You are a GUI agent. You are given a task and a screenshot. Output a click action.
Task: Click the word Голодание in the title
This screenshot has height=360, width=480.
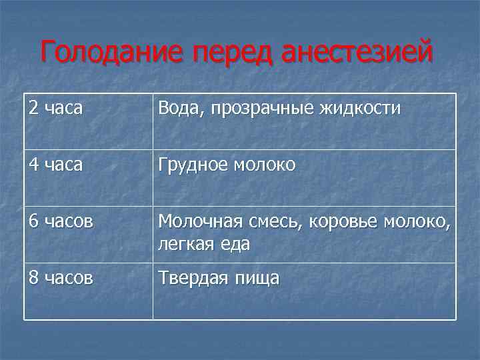pyautogui.click(x=113, y=53)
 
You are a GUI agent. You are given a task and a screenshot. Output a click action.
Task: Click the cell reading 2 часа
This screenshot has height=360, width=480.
pyautogui.click(x=56, y=109)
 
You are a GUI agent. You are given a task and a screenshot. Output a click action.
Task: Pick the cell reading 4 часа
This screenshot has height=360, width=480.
pyautogui.click(x=56, y=165)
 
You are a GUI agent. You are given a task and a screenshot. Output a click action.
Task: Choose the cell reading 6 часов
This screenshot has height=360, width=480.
pyautogui.click(x=61, y=221)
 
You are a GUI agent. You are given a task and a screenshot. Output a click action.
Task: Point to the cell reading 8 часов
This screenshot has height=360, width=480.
pyautogui.click(x=61, y=277)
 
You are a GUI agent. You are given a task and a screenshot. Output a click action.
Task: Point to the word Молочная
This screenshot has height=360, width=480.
pyautogui.click(x=197, y=221)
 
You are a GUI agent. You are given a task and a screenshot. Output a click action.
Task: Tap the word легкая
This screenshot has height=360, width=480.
pyautogui.click(x=183, y=244)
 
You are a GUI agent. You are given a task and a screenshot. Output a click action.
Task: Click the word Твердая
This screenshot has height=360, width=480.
pyautogui.click(x=191, y=277)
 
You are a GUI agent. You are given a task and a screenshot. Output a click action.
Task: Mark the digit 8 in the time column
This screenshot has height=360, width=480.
pyautogui.click(x=33, y=277)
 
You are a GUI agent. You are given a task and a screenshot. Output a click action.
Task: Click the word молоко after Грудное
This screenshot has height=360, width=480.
pyautogui.click(x=263, y=165)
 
